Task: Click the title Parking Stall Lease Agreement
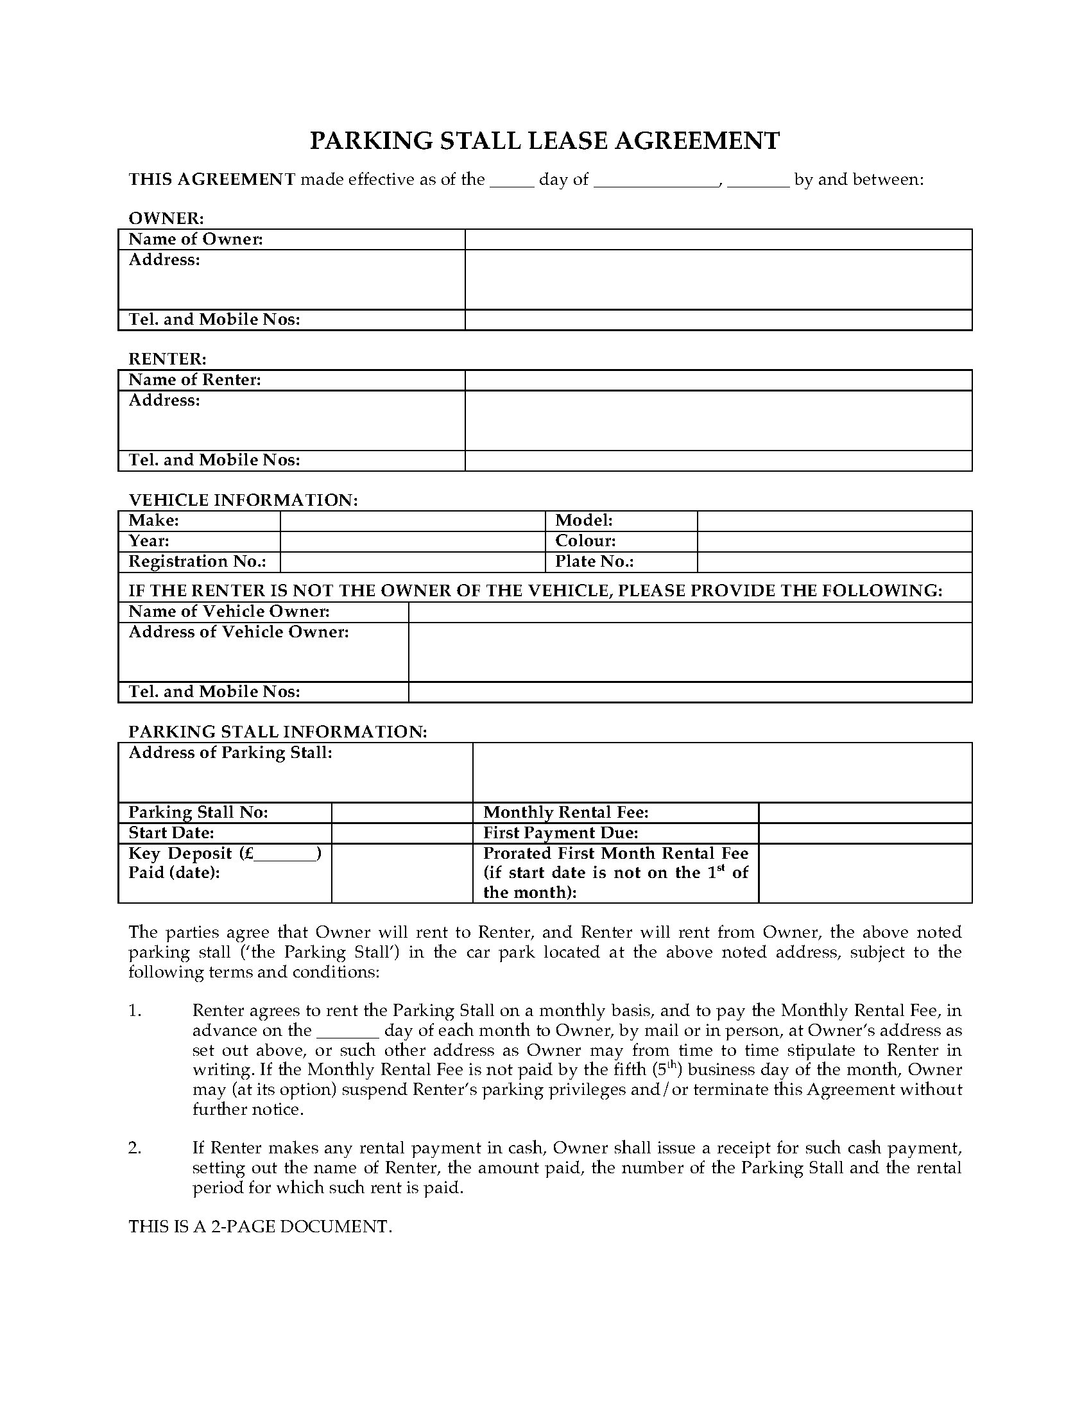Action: (x=544, y=141)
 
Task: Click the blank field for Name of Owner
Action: (x=718, y=239)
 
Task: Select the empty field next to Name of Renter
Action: (x=718, y=380)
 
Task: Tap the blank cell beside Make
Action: (x=413, y=521)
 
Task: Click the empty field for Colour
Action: (x=834, y=541)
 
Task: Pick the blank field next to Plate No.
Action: (x=834, y=562)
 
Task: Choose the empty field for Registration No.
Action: (x=413, y=562)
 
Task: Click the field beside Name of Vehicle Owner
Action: (x=690, y=612)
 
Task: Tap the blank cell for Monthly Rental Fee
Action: (x=865, y=813)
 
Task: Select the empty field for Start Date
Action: (x=401, y=832)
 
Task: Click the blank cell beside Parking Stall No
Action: (x=401, y=813)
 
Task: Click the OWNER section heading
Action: (x=166, y=218)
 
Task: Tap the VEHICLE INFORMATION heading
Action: (x=243, y=500)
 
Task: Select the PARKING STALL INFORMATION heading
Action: (x=277, y=731)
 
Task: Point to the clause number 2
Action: (x=134, y=1148)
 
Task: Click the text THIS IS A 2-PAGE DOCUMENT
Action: (x=260, y=1227)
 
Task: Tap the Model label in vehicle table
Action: (x=583, y=521)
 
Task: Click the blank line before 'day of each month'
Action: (x=348, y=1031)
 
